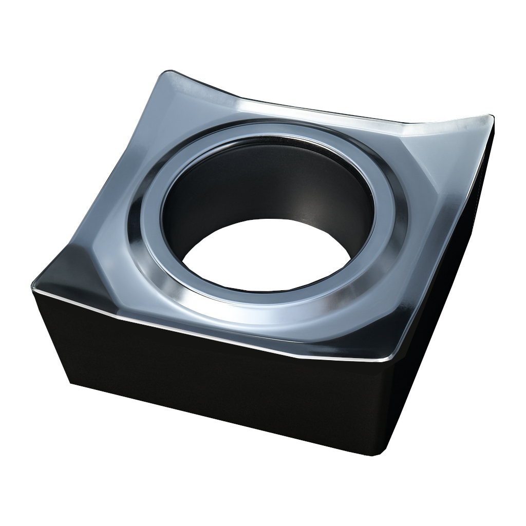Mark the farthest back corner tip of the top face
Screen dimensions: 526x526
click(172, 72)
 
